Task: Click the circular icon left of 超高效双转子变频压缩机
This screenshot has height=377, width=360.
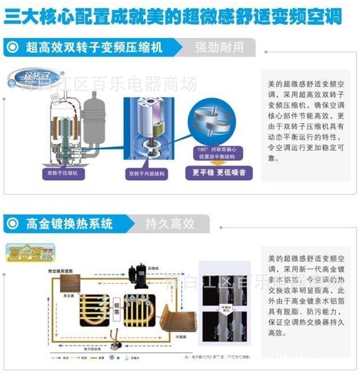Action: tap(12, 47)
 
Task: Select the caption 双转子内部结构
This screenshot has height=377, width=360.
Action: tap(146, 174)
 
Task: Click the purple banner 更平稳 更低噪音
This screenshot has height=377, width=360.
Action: tap(218, 173)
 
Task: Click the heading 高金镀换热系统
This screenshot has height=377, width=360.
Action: tap(69, 224)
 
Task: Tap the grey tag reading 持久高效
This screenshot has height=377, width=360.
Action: tap(170, 224)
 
